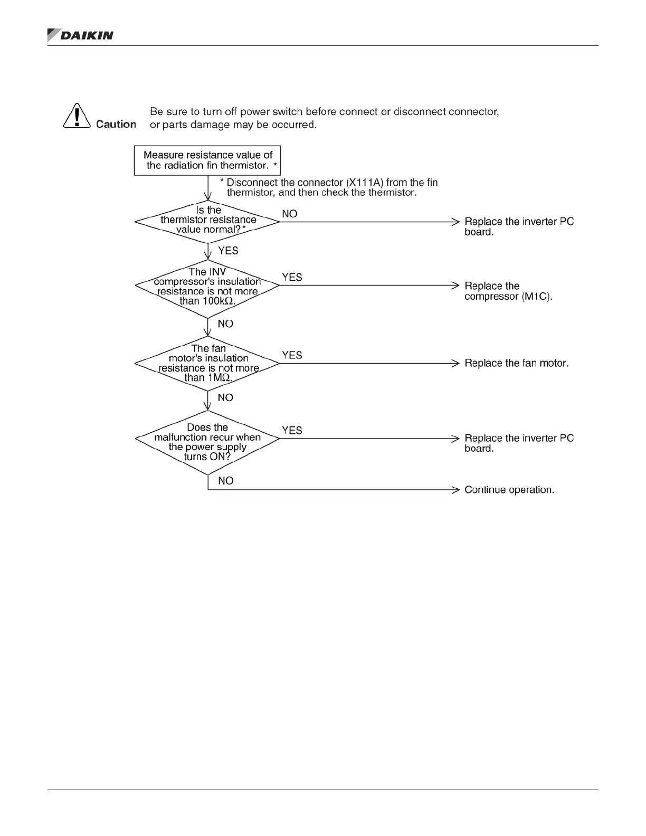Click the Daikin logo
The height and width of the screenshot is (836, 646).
click(80, 35)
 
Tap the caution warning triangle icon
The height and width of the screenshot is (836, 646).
click(77, 116)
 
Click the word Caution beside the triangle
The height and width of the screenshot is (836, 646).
click(116, 124)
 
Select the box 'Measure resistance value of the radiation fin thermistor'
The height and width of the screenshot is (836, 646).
click(207, 160)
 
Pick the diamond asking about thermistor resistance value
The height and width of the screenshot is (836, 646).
click(207, 221)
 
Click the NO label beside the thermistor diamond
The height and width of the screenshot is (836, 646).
click(290, 214)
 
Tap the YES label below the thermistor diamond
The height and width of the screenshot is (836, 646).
click(228, 251)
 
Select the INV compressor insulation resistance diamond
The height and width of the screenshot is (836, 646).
click(207, 286)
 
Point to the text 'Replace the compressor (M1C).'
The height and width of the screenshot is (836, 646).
click(508, 291)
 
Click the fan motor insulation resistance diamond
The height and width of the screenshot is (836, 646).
click(207, 363)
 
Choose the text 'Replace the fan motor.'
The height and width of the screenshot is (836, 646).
click(516, 363)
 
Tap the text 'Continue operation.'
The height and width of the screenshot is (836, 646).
click(509, 490)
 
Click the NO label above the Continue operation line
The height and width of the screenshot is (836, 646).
click(225, 481)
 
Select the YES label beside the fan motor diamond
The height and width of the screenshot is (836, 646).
click(292, 355)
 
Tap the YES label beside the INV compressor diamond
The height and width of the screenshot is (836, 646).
click(292, 277)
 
